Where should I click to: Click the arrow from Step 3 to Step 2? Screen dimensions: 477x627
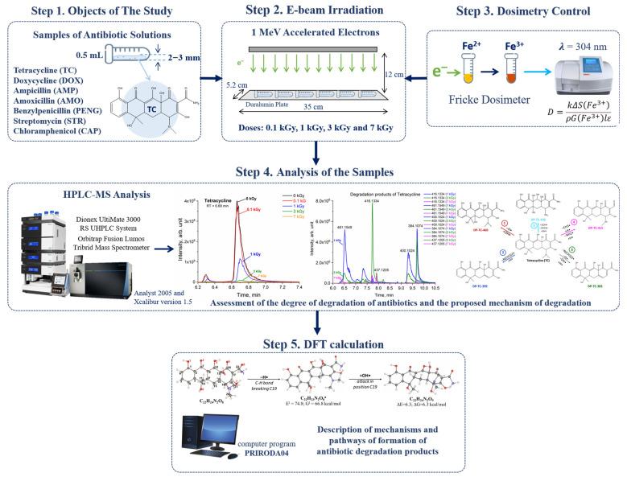point(418,78)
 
